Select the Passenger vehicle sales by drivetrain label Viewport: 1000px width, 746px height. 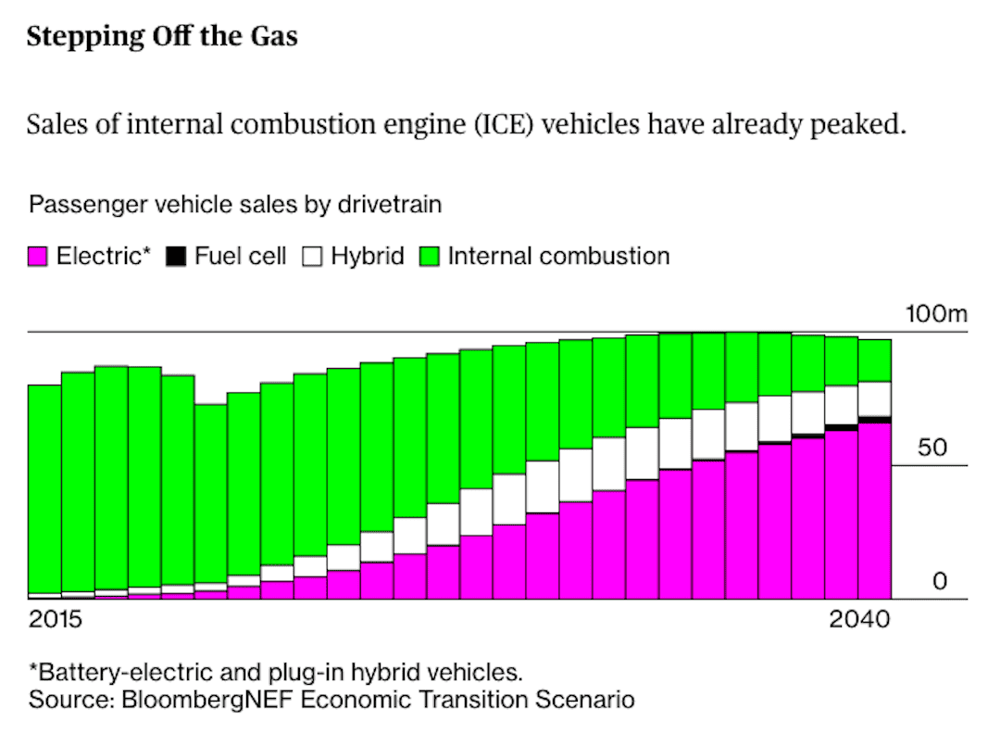[x=235, y=205]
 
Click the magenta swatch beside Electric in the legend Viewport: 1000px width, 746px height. [x=38, y=257]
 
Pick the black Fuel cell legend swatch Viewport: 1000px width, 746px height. [x=176, y=257]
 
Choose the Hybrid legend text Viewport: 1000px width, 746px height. [x=368, y=257]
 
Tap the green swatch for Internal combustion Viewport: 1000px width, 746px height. [x=430, y=257]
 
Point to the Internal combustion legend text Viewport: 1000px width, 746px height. [x=557, y=257]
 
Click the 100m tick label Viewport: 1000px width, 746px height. [x=935, y=315]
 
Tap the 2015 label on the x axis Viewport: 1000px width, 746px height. [x=55, y=619]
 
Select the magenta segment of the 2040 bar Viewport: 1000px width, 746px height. [x=874, y=511]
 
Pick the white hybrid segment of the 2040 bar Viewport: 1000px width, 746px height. [x=874, y=398]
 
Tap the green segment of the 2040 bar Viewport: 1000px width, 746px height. [x=874, y=360]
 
